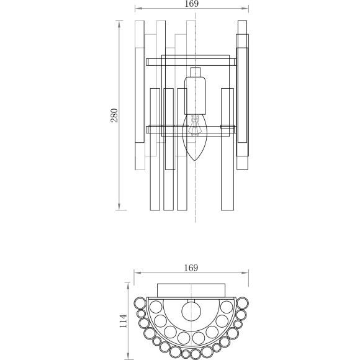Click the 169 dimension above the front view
191,4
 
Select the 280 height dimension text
114,115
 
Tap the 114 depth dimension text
123,321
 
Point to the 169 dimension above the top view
191,268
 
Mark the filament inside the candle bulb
196,126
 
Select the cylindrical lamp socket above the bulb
196,93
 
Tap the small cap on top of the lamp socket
196,70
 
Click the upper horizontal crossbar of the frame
191,62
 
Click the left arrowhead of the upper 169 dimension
137,9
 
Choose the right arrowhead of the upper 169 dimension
246,9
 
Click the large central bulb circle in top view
191,310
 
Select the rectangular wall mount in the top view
191,290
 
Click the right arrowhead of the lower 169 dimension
246,273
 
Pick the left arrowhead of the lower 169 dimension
137,273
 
